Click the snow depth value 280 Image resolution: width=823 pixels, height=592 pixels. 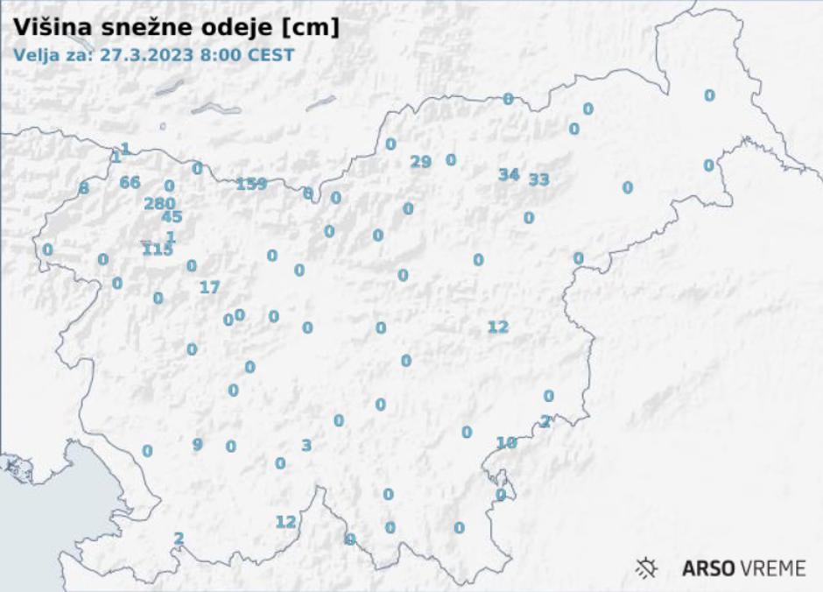coord(159,203)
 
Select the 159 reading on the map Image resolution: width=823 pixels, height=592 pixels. coord(251,184)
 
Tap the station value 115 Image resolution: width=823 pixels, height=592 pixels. coord(158,250)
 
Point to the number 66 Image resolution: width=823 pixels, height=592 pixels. coord(130,182)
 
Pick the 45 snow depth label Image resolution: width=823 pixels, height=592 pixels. coord(172,217)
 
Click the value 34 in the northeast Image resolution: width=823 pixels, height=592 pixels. coord(509,174)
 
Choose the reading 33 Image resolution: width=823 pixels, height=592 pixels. coord(539,180)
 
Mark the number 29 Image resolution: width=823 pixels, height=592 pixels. coord(421,161)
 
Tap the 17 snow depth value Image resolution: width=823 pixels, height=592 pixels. coord(209,286)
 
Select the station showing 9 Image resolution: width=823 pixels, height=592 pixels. coord(198,444)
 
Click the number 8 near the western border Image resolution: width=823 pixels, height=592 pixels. coord(84,188)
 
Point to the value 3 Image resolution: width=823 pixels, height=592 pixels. coord(306,445)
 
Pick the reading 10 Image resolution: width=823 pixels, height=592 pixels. coord(506,443)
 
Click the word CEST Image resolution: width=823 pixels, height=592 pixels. coord(267,53)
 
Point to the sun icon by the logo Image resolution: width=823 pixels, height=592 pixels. coord(647,568)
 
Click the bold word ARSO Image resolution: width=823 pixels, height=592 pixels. coord(709,568)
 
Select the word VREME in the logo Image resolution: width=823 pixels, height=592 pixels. coord(773,568)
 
